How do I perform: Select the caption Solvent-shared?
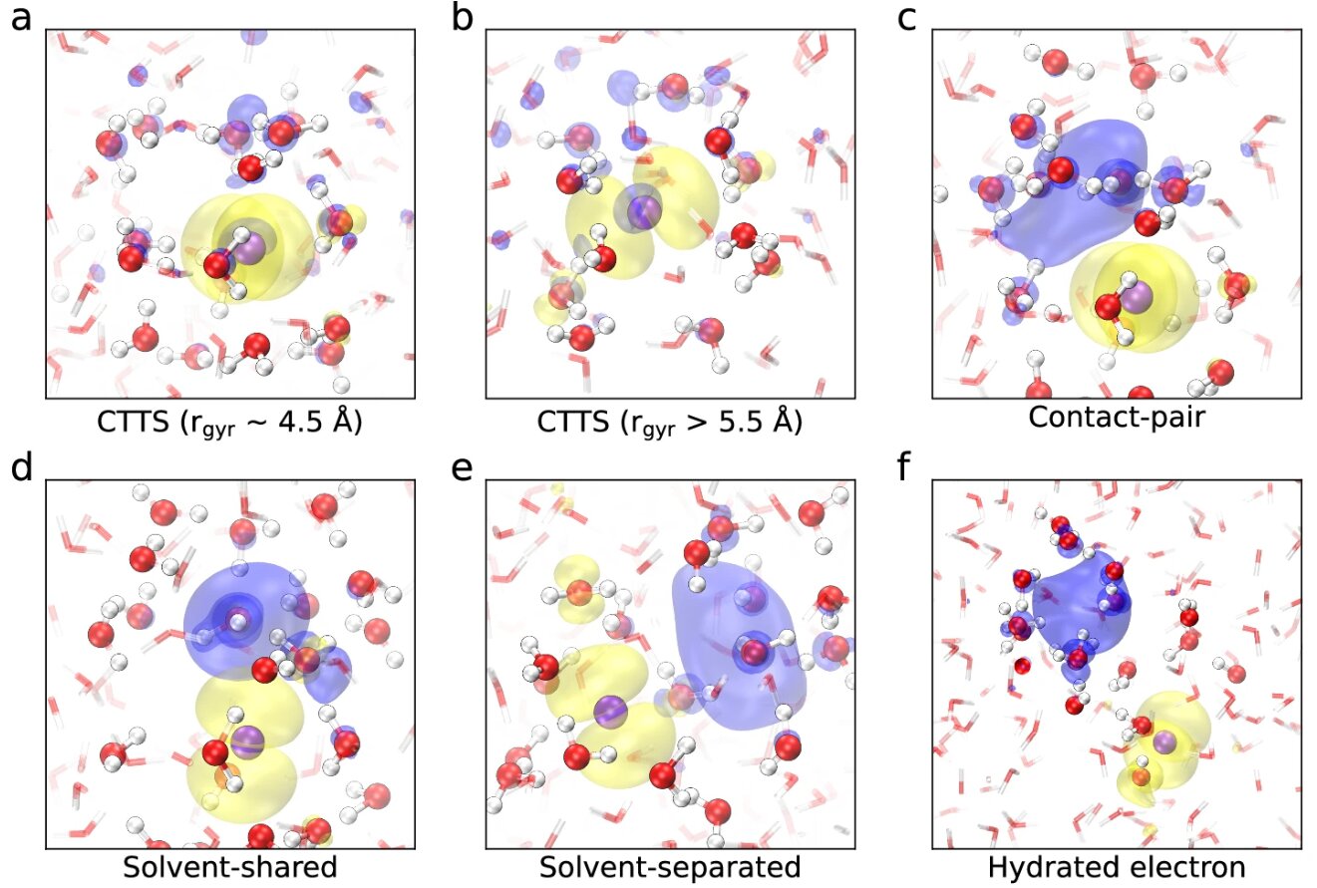(230, 867)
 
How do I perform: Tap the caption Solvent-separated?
(670, 867)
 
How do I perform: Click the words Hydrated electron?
(1117, 867)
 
